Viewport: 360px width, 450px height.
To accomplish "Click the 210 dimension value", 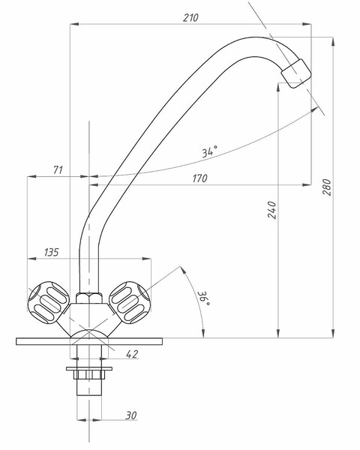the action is (190, 18).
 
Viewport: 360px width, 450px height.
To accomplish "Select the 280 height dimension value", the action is (327, 187).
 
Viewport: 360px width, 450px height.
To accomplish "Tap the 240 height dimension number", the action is (272, 210).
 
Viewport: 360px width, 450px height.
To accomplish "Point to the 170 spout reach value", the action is (199, 178).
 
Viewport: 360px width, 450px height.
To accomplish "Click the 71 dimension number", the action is (58, 170).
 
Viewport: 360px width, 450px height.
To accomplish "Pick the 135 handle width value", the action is (52, 252).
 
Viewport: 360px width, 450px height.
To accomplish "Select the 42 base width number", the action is (132, 354).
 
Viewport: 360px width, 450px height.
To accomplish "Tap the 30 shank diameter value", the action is (131, 415).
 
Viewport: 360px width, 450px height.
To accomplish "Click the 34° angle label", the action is (209, 151).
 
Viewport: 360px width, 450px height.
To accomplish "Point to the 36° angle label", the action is (204, 298).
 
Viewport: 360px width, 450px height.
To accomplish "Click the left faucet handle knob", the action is (48, 302).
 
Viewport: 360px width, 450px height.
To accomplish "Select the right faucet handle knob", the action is (130, 302).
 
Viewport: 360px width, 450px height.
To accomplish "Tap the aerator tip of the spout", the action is (296, 73).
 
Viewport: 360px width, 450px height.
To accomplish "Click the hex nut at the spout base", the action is (89, 298).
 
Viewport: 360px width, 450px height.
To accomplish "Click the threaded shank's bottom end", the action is (89, 395).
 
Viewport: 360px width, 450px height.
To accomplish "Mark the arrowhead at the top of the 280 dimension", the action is (333, 41).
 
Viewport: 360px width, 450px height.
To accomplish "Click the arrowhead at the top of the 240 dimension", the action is (278, 87).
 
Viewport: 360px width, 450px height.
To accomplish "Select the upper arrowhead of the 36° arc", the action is (182, 270).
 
